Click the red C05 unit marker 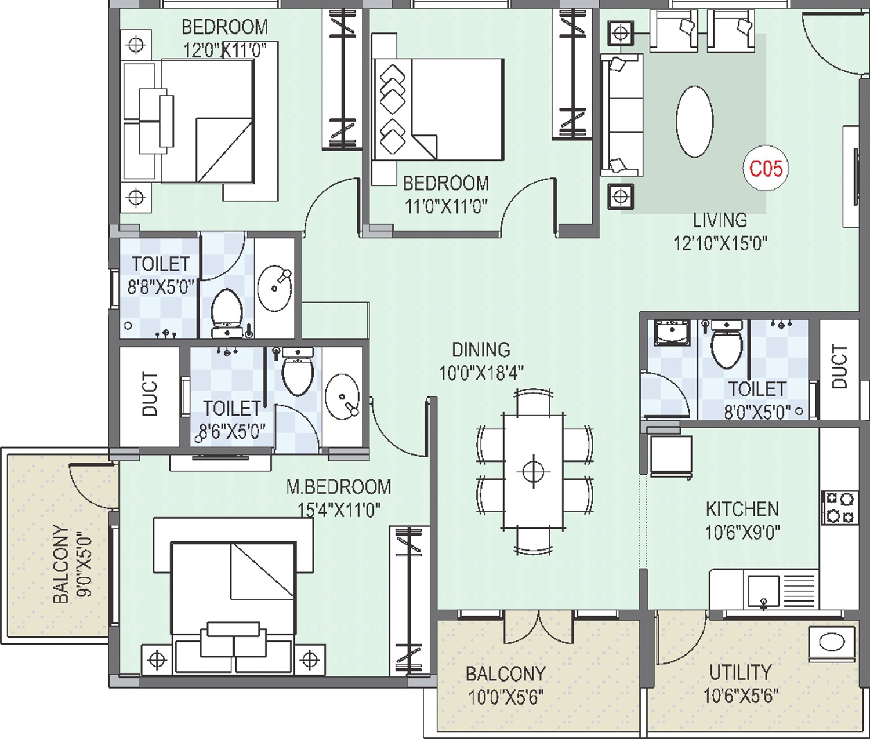pos(766,169)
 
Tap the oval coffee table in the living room pos(695,122)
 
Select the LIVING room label pos(720,220)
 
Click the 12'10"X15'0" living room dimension pos(720,243)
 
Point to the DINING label pos(481,350)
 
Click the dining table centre pos(533,471)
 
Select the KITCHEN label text pos(742,509)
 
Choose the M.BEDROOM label pos(339,487)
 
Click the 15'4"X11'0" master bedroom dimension pos(339,511)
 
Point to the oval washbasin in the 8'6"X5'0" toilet pos(343,396)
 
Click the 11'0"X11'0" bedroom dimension pos(446,207)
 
